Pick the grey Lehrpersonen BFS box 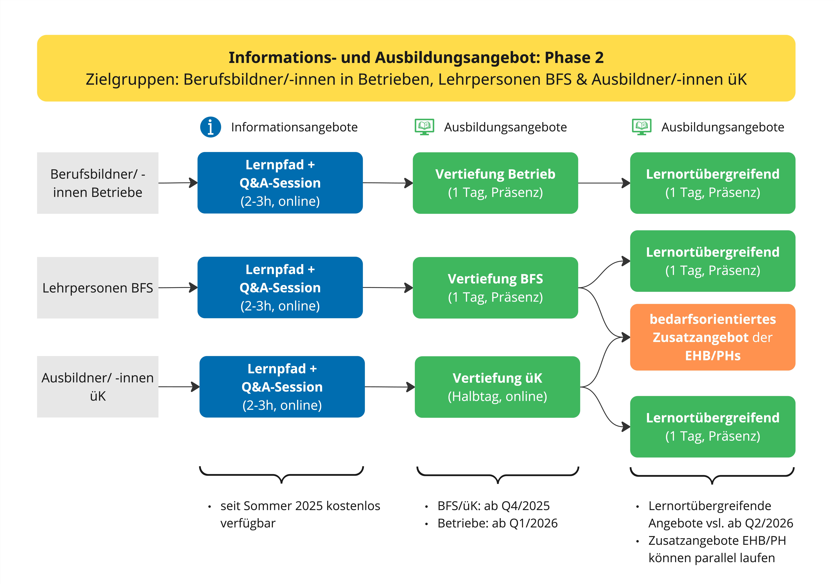point(97,288)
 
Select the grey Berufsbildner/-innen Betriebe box point(97,183)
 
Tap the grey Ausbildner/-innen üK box point(97,387)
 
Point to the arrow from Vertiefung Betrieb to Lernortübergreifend point(604,183)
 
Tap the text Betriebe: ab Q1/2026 point(497,523)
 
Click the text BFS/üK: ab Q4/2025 point(493,506)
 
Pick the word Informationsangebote point(294,127)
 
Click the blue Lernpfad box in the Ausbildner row point(282,387)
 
